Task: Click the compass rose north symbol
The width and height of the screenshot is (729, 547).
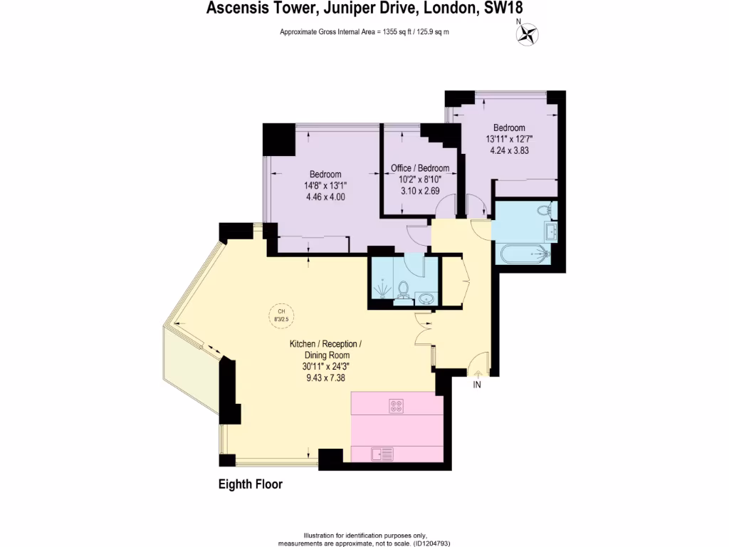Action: (x=528, y=33)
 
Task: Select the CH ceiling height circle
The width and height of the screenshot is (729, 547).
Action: (x=280, y=315)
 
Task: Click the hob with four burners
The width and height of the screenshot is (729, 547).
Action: (x=397, y=406)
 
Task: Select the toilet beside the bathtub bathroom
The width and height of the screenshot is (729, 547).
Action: (x=547, y=211)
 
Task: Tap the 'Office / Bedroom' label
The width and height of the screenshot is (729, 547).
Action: (x=420, y=168)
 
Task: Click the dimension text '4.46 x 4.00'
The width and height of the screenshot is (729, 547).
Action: (x=325, y=197)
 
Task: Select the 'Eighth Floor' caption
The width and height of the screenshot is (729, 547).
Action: (x=250, y=484)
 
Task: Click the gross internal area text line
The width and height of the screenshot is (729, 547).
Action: (x=364, y=32)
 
